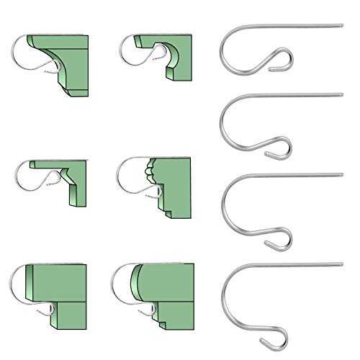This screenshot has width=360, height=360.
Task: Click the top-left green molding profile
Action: (x=72, y=61)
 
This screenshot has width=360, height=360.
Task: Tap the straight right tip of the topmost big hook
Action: (x=338, y=26)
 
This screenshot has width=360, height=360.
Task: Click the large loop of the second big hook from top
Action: (x=224, y=122)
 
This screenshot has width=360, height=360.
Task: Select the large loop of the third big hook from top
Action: (x=224, y=198)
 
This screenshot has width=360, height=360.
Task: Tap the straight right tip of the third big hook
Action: (x=338, y=174)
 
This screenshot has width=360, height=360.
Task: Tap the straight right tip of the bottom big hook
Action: (x=338, y=262)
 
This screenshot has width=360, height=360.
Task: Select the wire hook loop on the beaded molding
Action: (x=130, y=176)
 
